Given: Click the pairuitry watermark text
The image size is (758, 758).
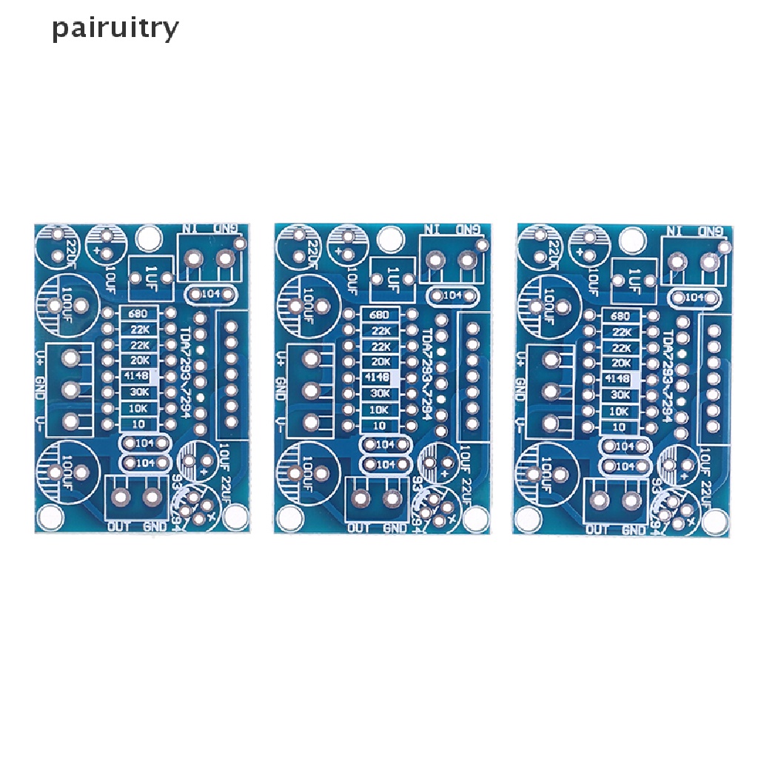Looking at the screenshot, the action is (115, 29).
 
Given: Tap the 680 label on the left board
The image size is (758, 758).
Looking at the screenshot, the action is (139, 314).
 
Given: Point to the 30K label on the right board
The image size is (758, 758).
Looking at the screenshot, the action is (621, 395).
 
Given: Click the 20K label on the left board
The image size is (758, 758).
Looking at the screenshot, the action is (139, 360).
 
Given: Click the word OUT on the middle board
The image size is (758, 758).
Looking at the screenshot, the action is (360, 528).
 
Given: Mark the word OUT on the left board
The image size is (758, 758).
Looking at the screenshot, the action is (120, 526).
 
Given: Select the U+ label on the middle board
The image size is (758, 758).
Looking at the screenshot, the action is (281, 360).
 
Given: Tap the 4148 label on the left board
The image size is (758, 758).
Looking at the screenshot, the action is (139, 376).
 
